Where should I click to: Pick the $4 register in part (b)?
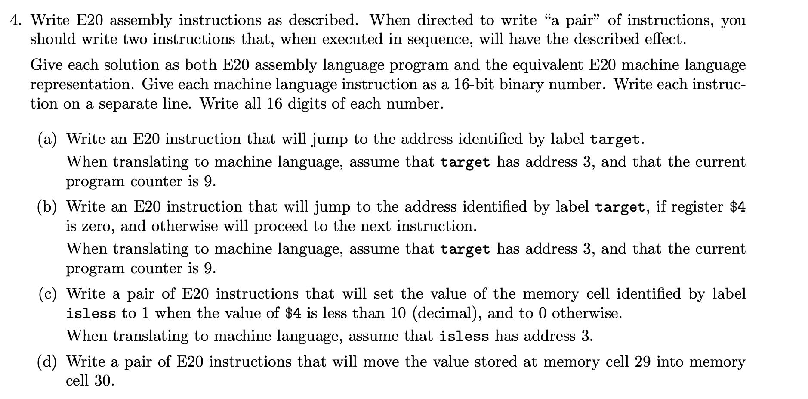(737, 207)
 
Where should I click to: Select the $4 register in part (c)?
(293, 313)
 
